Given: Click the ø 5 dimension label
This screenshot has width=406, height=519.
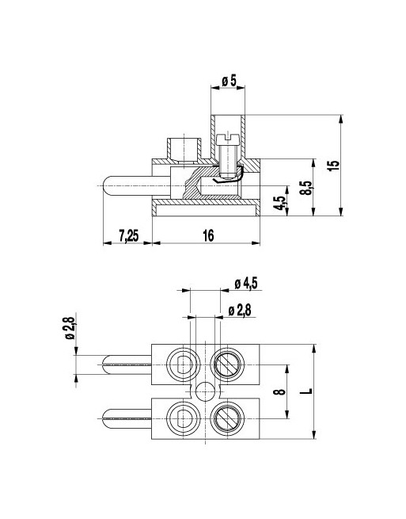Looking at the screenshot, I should tap(230, 80).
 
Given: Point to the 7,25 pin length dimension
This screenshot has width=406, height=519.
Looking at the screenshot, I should tap(129, 235).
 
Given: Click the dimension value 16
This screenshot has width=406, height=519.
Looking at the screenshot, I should tap(208, 235).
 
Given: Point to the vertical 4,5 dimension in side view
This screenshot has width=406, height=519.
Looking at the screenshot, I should tap(278, 203).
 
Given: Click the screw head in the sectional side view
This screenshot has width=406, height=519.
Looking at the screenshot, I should tap(229, 139).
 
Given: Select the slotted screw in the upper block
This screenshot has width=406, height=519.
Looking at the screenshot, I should tap(228, 365).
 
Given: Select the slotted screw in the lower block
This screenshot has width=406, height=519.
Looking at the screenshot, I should tap(228, 416).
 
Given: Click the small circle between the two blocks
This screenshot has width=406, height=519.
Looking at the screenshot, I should tap(205, 391).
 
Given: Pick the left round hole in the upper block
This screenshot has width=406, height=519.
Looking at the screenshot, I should tap(182, 365).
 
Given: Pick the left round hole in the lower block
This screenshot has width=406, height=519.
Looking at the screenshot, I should tap(182, 416).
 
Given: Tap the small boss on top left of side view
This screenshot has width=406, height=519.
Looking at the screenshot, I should tap(184, 147).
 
